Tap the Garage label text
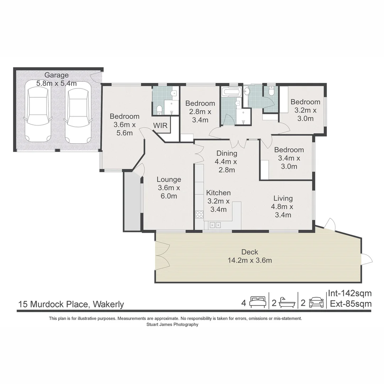pos(57,75)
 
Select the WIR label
pos(160,126)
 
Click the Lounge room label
pos(169,180)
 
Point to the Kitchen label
pos(218,193)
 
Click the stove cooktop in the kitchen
pos(199,214)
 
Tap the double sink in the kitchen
pos(215,225)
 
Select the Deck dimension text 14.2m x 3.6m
pos(250,260)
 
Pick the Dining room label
pos(227,153)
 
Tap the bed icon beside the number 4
pos(257,302)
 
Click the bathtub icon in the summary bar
pos(287,303)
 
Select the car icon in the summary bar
pos(316,303)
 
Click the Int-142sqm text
pos(350,293)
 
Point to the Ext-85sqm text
pos(351,304)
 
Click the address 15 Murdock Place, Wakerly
pos(71,304)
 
